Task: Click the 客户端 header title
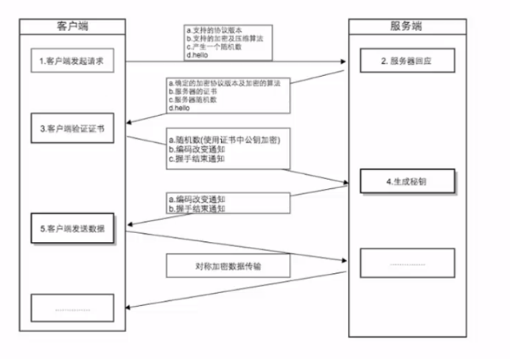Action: pos(71,27)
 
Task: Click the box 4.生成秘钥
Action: pos(406,181)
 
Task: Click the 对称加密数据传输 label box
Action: pos(227,266)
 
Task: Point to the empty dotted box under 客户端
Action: pos(72,308)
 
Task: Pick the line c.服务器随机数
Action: pos(195,100)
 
